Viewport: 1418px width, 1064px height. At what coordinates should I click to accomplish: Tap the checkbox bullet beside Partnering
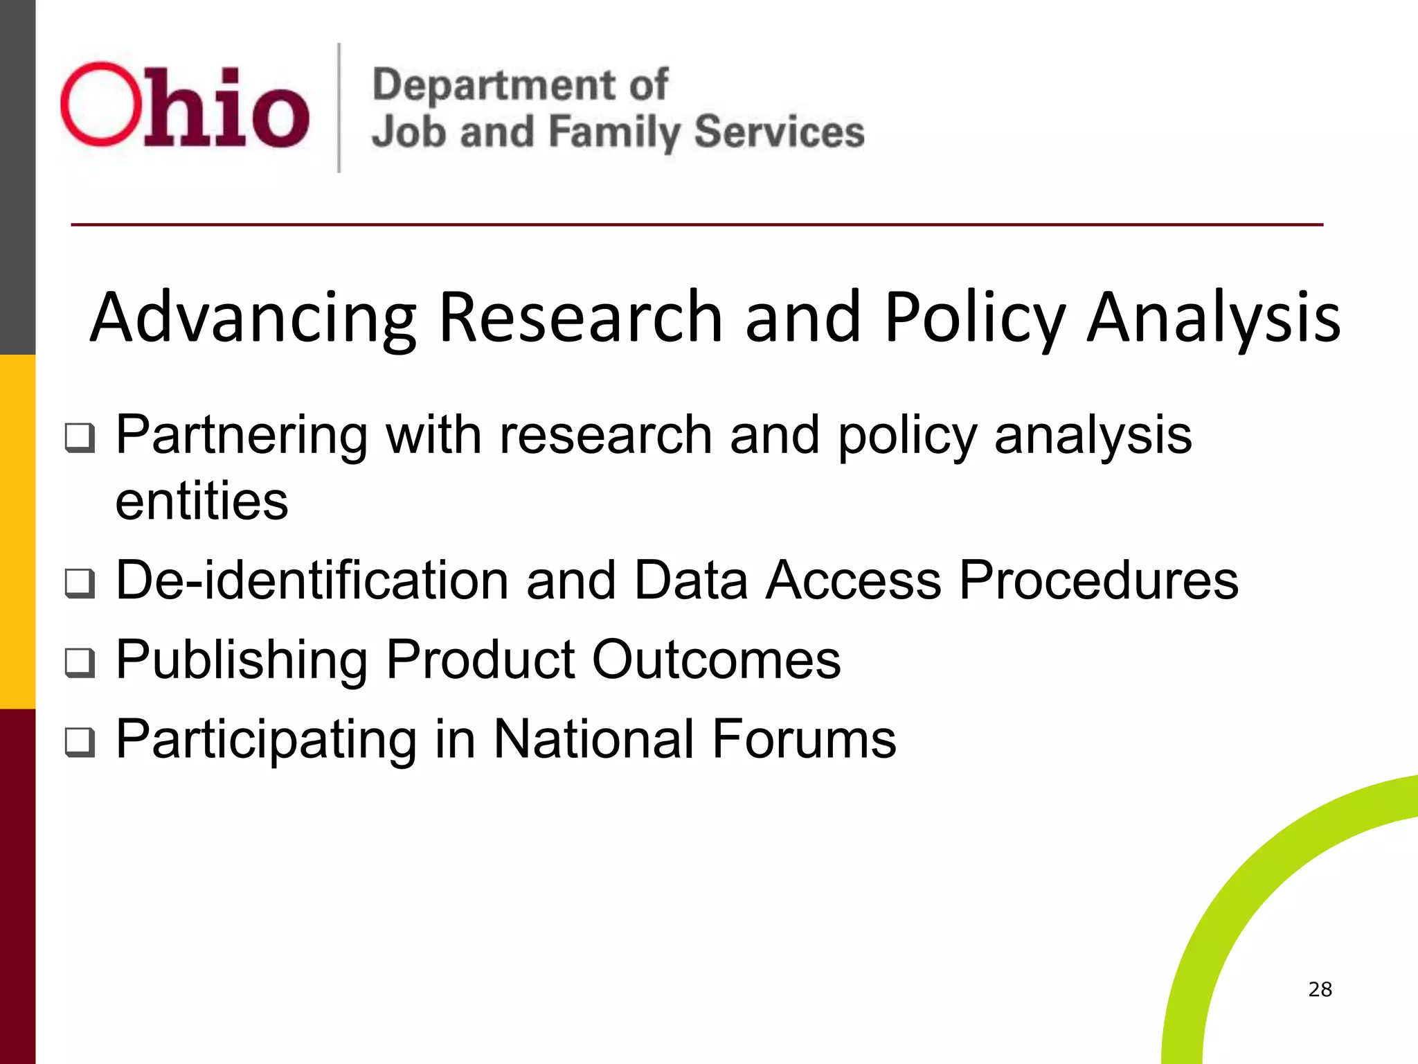pyautogui.click(x=80, y=438)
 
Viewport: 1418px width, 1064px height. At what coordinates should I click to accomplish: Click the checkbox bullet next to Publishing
pyautogui.click(x=80, y=662)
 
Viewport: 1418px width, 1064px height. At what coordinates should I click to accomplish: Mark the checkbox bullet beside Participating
pyautogui.click(x=80, y=742)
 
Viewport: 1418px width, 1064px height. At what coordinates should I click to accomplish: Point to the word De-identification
pyautogui.click(x=312, y=580)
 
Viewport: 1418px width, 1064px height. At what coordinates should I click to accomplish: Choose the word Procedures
pyautogui.click(x=1099, y=580)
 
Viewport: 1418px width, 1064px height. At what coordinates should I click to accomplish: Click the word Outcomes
pyautogui.click(x=717, y=659)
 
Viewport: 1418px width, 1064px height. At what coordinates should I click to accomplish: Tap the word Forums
pyautogui.click(x=804, y=739)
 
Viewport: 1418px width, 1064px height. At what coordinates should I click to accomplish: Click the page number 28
pyautogui.click(x=1320, y=989)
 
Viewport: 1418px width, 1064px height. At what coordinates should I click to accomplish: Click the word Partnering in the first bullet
pyautogui.click(x=241, y=435)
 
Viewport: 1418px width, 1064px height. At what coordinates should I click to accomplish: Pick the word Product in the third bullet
pyautogui.click(x=480, y=659)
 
